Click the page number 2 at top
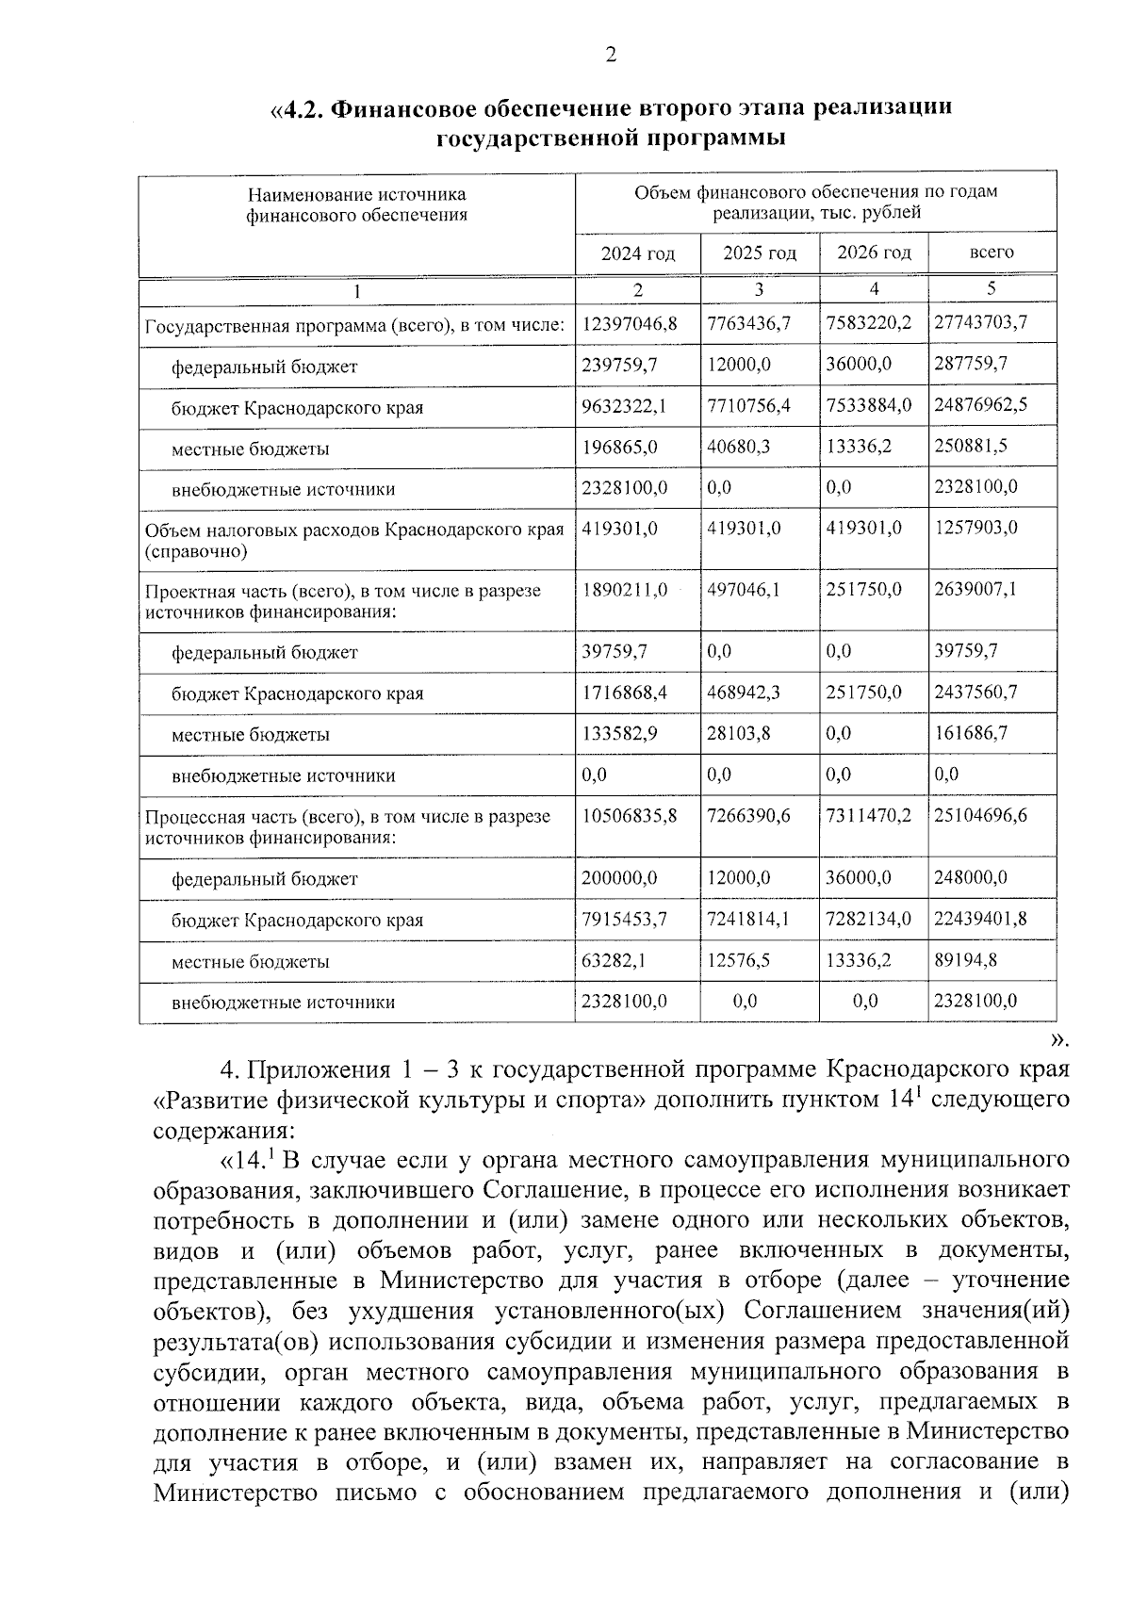611,56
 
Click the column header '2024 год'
638,253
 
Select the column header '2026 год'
874,253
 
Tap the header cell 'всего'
992,253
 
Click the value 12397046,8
630,323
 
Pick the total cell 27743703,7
980,323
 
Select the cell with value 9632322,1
625,406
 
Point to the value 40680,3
738,447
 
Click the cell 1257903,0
975,528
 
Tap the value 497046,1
744,590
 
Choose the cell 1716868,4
625,693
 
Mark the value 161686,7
971,733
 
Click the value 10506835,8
630,815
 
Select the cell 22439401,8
980,919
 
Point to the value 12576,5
738,960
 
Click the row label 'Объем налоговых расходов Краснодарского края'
354,529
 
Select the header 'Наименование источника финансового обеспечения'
357,204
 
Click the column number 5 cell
992,289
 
